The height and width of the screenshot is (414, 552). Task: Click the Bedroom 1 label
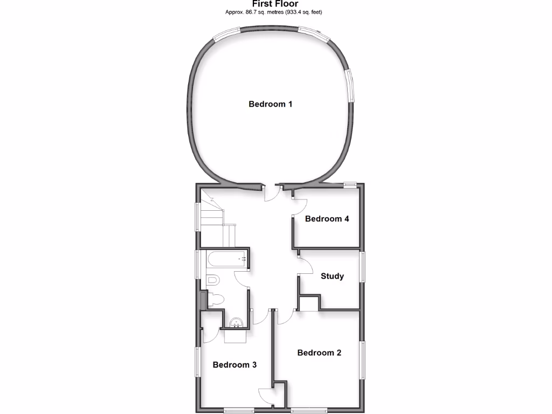click(x=270, y=104)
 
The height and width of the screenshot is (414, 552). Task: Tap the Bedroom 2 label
click(x=319, y=353)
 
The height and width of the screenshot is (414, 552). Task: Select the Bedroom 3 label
click(x=234, y=365)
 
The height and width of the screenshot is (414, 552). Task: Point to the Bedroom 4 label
click(x=327, y=219)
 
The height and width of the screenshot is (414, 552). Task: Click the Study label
click(x=332, y=277)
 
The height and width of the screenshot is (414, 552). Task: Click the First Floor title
click(x=275, y=4)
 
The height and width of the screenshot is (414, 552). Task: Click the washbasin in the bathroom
click(x=237, y=323)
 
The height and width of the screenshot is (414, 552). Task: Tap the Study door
click(x=305, y=266)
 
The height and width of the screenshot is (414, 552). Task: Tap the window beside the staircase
click(x=197, y=216)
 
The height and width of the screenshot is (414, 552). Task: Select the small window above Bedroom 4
click(x=351, y=184)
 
